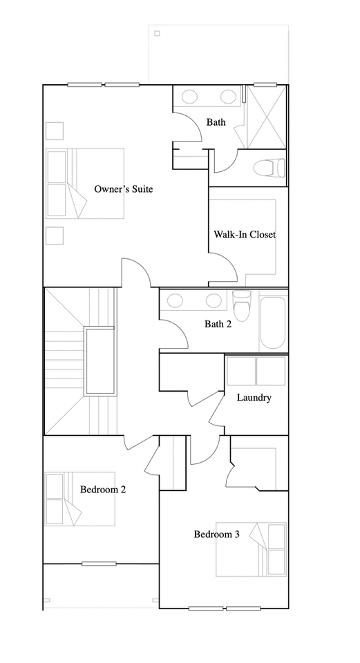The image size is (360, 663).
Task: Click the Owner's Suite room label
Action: click(x=123, y=189)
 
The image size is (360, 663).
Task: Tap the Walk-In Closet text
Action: click(x=244, y=235)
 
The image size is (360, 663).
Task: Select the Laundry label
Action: click(x=254, y=398)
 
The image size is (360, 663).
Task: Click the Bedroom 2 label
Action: click(x=102, y=490)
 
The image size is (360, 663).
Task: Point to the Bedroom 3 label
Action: click(x=216, y=534)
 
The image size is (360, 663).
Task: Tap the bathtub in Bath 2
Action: click(x=272, y=321)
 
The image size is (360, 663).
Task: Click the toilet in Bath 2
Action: click(x=241, y=307)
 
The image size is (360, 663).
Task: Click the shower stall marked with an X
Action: click(x=265, y=117)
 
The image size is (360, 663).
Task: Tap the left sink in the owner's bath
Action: click(x=189, y=97)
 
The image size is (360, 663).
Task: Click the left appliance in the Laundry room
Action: click(x=240, y=372)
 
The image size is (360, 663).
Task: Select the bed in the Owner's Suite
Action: click(x=84, y=183)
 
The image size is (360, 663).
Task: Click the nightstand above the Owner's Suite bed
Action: click(x=54, y=131)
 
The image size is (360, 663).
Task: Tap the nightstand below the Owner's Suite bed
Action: click(x=54, y=235)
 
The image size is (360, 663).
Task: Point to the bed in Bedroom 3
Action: click(x=252, y=548)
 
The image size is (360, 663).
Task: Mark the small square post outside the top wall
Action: click(x=157, y=33)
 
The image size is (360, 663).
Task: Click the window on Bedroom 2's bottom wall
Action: click(x=99, y=564)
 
